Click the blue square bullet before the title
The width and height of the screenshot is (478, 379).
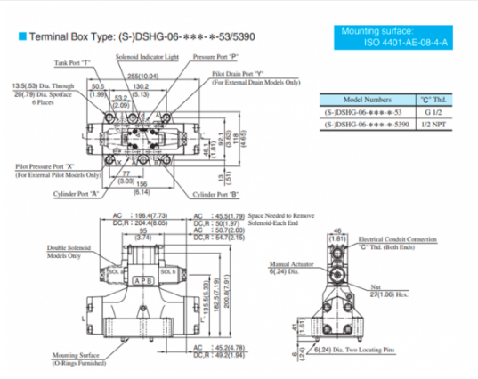tap(21, 38)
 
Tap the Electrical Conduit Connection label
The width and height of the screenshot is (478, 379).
tap(397, 239)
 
